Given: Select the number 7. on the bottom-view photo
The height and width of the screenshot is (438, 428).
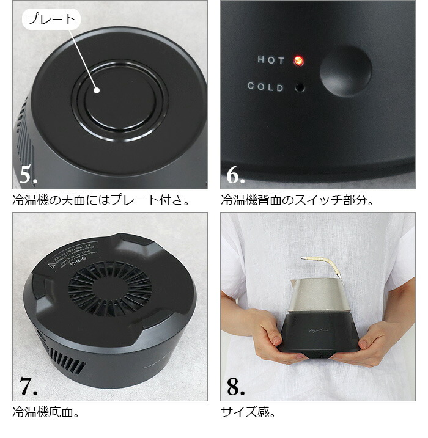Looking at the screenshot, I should (29, 387).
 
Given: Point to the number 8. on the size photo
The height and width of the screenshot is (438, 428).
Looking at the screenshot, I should (236, 387).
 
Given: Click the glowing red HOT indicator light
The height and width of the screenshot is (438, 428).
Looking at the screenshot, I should (299, 60).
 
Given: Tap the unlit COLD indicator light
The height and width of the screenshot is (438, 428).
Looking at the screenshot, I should (300, 87).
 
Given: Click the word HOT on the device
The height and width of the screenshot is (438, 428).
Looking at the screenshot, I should (271, 60).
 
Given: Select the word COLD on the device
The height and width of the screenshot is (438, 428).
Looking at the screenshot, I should (265, 87).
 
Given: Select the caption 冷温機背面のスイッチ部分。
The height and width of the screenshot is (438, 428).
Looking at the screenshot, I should (297, 200).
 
